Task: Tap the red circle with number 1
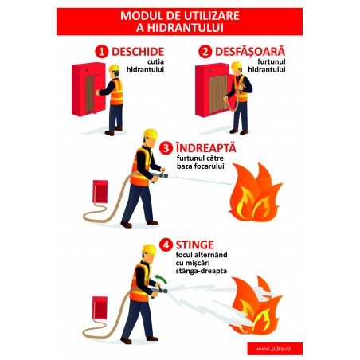[x=101, y=51]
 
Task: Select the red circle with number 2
[x=205, y=51]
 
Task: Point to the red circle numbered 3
[x=166, y=148]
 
